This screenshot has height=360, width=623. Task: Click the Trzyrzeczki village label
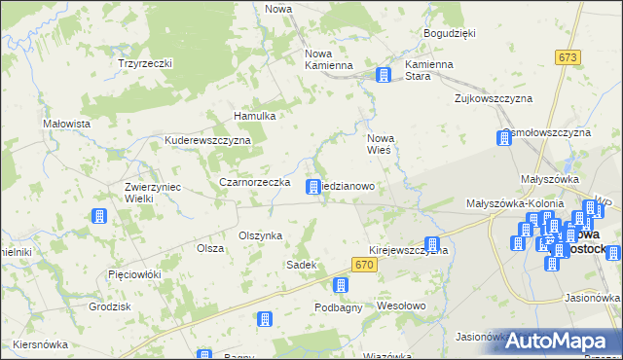tap(145, 63)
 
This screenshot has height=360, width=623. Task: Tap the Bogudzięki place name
tap(449, 33)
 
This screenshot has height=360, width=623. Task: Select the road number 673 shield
tap(568, 58)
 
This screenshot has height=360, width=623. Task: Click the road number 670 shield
tap(364, 265)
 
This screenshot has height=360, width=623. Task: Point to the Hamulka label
tap(256, 116)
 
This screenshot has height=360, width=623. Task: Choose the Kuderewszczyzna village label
tap(208, 140)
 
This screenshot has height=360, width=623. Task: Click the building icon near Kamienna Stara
tap(384, 75)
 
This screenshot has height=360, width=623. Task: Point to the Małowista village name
tap(67, 125)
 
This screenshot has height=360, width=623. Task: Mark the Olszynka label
tap(260, 235)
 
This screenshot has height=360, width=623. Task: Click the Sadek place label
tap(299, 265)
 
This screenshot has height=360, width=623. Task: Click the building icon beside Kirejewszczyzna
tap(432, 245)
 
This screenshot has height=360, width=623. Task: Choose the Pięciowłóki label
tap(134, 274)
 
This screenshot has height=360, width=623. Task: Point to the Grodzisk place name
tap(109, 306)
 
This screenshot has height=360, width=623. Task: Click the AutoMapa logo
tap(563, 341)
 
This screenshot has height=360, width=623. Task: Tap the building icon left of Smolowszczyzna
tap(504, 138)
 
